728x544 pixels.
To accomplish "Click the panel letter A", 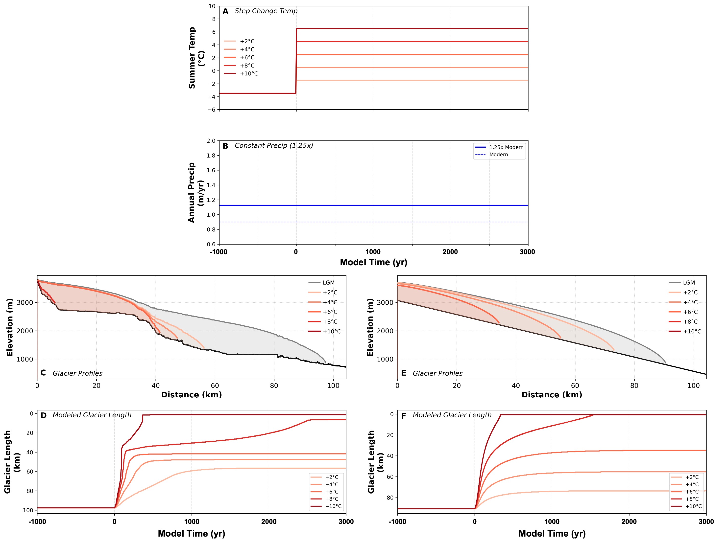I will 225,12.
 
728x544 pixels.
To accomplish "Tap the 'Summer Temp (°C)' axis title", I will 196,58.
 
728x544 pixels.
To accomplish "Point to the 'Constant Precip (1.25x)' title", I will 273,145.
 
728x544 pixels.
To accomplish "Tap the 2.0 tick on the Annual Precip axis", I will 211,141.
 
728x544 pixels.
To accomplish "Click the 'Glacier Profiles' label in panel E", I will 437,373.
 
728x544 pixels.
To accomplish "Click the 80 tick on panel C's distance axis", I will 274,385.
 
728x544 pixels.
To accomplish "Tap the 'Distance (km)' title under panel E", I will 552,395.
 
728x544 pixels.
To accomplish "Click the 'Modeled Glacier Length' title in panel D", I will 92,415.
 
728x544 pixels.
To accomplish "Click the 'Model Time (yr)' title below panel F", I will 552,533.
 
